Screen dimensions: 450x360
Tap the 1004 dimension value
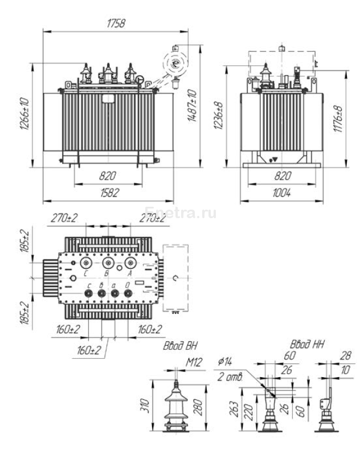[280, 194]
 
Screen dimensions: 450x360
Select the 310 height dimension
[146, 405]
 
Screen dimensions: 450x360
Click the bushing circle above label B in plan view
[108, 263]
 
